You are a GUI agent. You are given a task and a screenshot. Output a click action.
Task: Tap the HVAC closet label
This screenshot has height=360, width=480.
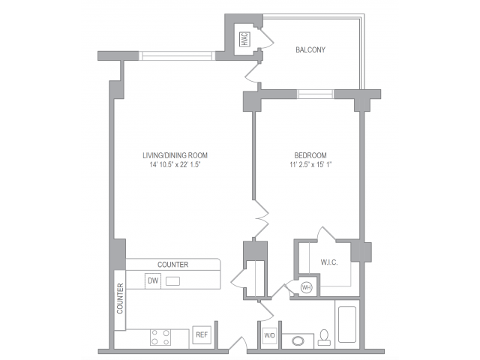(244, 39)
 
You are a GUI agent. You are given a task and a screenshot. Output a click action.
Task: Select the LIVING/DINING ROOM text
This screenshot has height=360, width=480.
(173, 155)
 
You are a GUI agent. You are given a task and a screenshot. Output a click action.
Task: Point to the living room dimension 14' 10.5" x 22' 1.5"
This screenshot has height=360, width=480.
(173, 165)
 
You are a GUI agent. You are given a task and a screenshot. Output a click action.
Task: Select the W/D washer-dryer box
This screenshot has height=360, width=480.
(269, 335)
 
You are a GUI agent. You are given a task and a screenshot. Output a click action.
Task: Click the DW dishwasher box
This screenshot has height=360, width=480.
(153, 281)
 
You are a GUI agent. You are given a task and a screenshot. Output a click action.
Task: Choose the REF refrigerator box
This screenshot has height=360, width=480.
(200, 335)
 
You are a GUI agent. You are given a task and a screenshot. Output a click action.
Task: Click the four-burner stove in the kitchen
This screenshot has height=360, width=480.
(159, 336)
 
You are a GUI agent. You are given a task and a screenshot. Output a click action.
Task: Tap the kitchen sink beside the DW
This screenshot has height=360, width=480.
(173, 281)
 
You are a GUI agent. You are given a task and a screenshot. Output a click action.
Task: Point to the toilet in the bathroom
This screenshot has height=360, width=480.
(324, 337)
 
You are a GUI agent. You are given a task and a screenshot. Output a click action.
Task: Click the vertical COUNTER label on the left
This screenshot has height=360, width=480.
(119, 298)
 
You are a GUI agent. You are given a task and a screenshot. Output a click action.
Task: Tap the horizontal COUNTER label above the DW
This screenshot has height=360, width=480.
(172, 265)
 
